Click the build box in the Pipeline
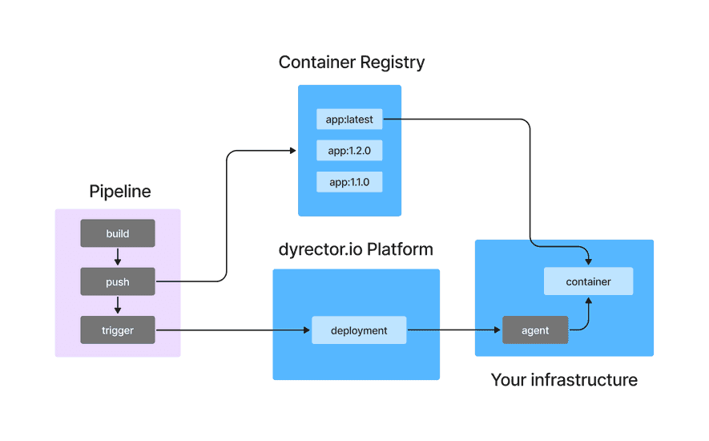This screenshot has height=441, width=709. coord(118,233)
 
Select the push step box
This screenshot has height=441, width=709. coord(118,281)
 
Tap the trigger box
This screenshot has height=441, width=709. coord(118,330)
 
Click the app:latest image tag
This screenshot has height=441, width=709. coord(349,120)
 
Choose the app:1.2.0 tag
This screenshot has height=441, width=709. coord(349,151)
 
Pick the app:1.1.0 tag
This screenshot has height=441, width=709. coord(349,181)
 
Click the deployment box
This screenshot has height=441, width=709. coord(359,330)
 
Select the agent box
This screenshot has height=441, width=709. coord(535,330)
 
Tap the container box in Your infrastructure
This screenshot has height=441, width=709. coord(588,281)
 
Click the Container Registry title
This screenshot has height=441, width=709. coord(351,62)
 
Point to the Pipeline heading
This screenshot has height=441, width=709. coord(119,192)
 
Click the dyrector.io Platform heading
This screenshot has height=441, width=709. coord(357,249)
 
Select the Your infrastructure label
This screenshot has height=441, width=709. coord(564,380)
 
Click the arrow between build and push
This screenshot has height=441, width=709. coord(118,257)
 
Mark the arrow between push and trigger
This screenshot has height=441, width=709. coord(118,305)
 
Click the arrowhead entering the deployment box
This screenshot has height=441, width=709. coord(307,330)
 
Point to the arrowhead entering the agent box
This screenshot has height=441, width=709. coord(498,330)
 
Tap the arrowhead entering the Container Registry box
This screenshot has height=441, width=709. coord(292,150)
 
